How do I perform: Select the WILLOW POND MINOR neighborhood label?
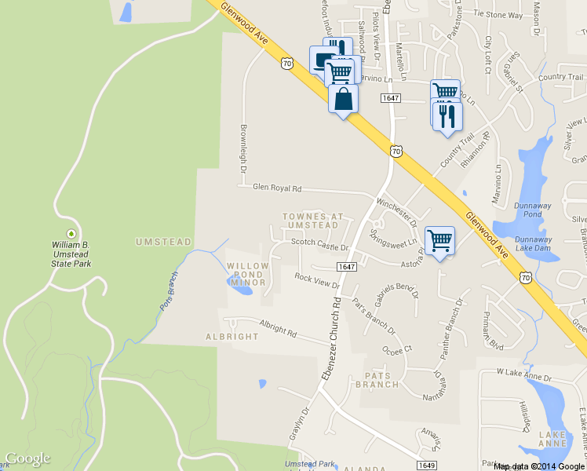pos(248,275)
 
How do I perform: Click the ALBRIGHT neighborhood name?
pos(232,337)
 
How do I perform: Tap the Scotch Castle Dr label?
pos(319,244)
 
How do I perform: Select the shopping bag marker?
pos(343,99)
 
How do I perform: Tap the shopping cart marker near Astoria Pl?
pos(439,241)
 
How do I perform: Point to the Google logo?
pos(27,459)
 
